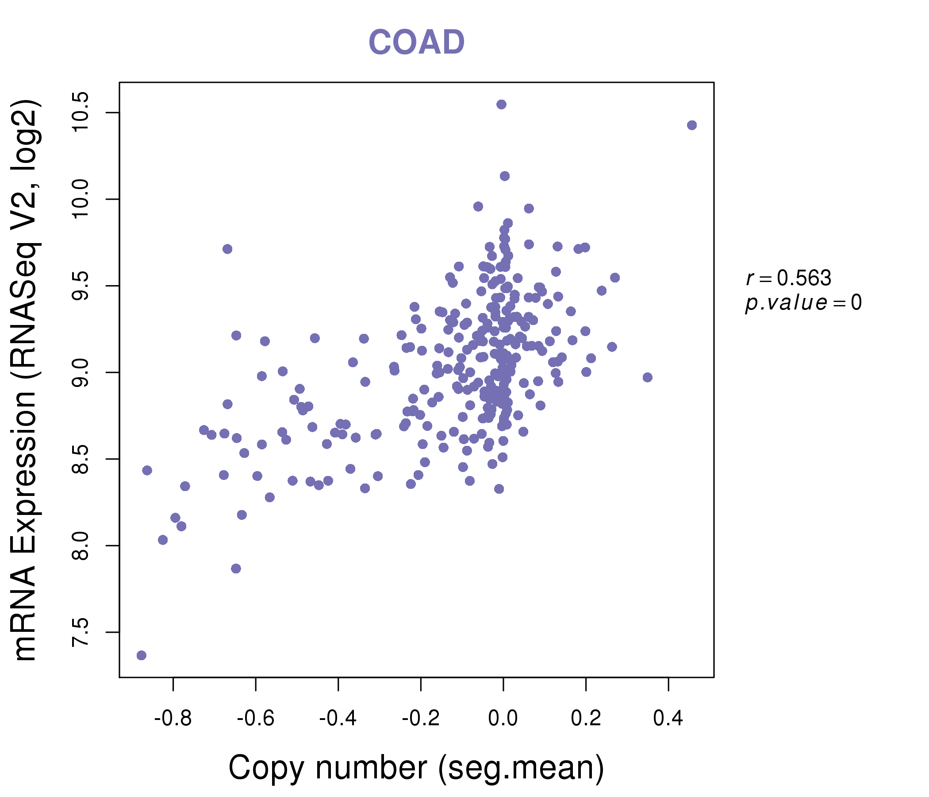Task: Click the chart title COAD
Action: [416, 42]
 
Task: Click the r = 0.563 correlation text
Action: [789, 279]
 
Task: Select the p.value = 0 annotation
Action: [803, 303]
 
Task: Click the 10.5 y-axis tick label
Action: [81, 112]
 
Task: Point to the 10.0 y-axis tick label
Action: [81, 199]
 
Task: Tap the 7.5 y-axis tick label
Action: [81, 632]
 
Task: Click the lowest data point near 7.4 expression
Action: [141, 655]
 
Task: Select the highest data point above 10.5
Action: [501, 104]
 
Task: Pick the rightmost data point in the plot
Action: [692, 125]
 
